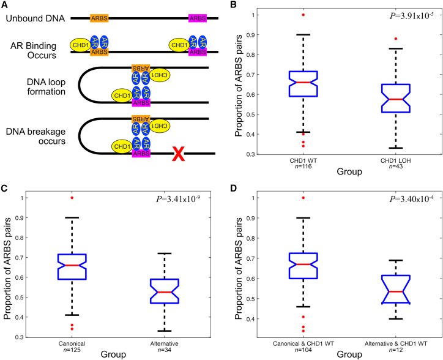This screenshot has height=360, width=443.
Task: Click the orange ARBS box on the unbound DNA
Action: click(100, 19)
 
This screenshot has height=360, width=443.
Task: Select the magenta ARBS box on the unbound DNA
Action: click(198, 19)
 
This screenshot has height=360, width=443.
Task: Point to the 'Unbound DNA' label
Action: click(31, 19)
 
